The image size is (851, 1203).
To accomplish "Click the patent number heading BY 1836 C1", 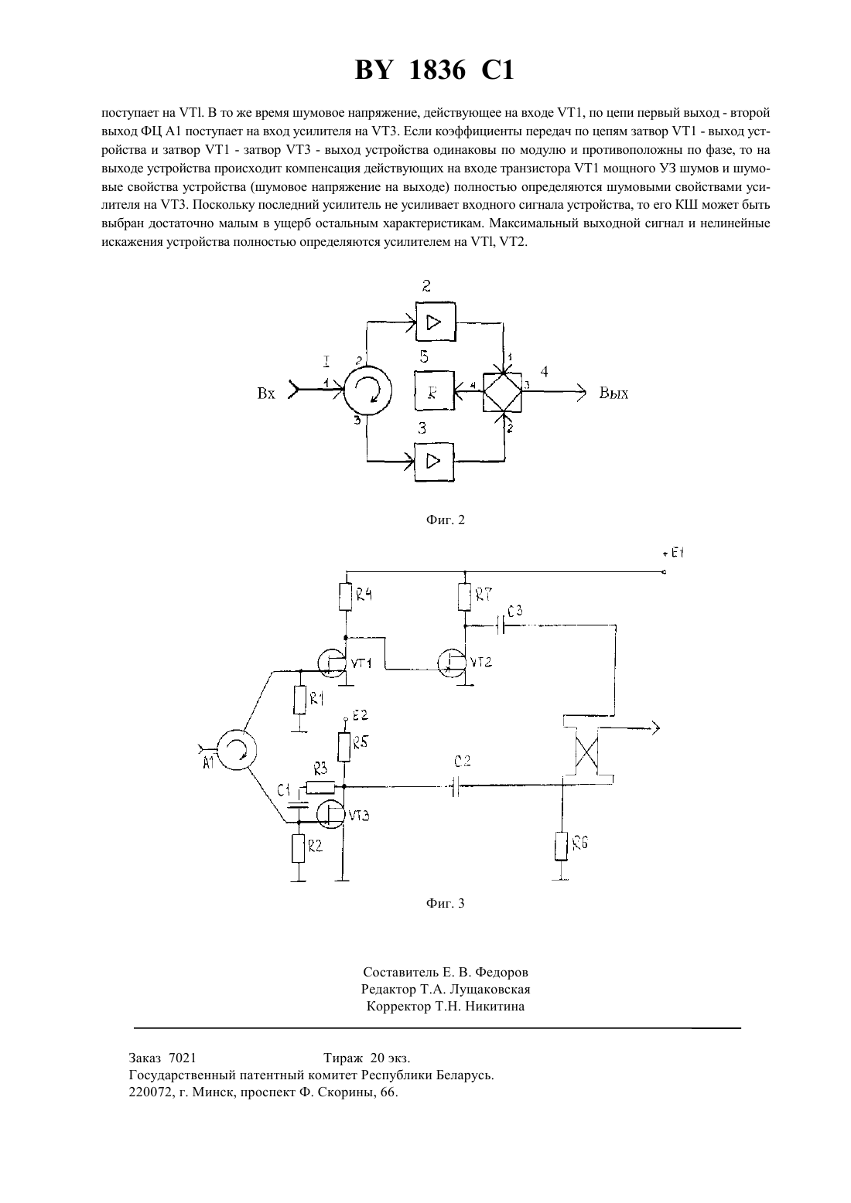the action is [434, 70].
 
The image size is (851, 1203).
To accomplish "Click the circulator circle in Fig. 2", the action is [367, 390].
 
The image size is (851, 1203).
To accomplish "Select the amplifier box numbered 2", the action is [435, 322].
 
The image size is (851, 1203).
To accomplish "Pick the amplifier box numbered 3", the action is [434, 462].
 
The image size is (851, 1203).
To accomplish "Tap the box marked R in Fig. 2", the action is [434, 390].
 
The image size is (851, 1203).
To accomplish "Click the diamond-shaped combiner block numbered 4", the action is [502, 392].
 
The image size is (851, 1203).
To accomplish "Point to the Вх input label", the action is [266, 394].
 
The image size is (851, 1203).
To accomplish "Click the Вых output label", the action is [613, 394].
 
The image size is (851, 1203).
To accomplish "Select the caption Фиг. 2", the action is [445, 520].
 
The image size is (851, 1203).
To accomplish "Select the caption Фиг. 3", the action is [445, 903].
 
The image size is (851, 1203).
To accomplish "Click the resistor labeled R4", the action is [347, 598].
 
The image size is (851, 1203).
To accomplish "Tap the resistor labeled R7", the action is [465, 598].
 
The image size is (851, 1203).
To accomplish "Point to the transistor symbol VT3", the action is [330, 814].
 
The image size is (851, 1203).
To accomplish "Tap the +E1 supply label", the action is [672, 553].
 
